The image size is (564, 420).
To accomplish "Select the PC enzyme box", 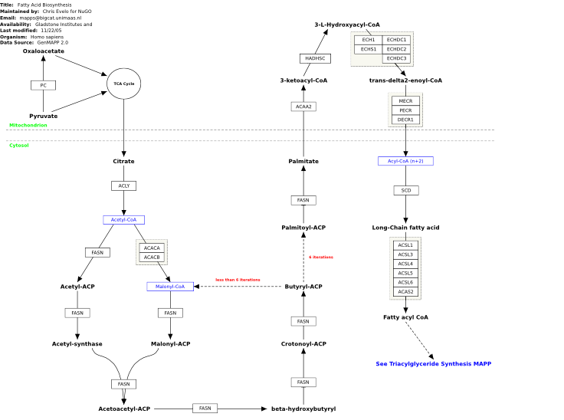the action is [x=43, y=85].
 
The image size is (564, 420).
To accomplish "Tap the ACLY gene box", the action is [x=123, y=185].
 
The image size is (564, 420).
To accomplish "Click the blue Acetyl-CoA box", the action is [x=123, y=220].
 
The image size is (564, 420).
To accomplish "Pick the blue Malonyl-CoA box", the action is [x=170, y=287].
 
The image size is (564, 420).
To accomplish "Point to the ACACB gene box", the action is [x=152, y=258].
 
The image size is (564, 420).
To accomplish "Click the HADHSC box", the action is [x=315, y=58].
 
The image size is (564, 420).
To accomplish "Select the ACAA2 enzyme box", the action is [x=303, y=107].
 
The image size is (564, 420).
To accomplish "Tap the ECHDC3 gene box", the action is [x=396, y=58].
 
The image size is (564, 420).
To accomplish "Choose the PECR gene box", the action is [x=405, y=110].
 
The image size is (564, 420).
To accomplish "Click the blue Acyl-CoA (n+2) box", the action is [x=405, y=161].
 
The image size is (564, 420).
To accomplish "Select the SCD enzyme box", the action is [x=406, y=190].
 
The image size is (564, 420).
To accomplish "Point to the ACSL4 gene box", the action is [x=405, y=264].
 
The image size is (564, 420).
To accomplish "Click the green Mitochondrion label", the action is [x=28, y=125].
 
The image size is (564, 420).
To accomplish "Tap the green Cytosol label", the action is [x=19, y=146].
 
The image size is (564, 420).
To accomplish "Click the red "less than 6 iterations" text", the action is [x=238, y=280].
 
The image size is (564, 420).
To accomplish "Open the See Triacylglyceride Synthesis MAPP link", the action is [x=434, y=364].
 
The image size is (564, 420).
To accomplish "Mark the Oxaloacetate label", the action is [x=44, y=51].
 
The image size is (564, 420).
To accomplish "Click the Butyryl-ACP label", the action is [x=303, y=287].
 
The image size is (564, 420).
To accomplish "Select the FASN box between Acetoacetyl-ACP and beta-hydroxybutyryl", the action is [x=205, y=409].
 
